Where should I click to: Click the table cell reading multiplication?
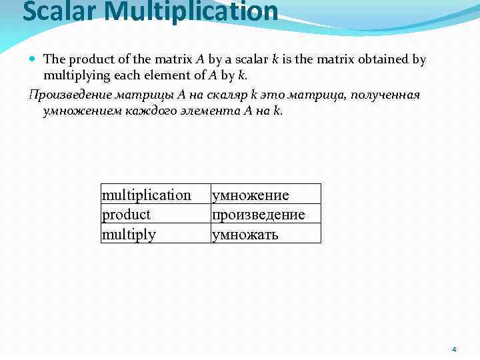click(146, 195)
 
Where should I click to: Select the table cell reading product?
click(126, 214)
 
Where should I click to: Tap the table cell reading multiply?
click(128, 234)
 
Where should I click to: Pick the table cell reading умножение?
click(250, 195)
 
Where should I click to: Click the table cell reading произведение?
click(258, 214)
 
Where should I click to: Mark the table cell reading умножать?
click(245, 234)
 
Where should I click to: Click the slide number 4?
click(454, 349)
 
